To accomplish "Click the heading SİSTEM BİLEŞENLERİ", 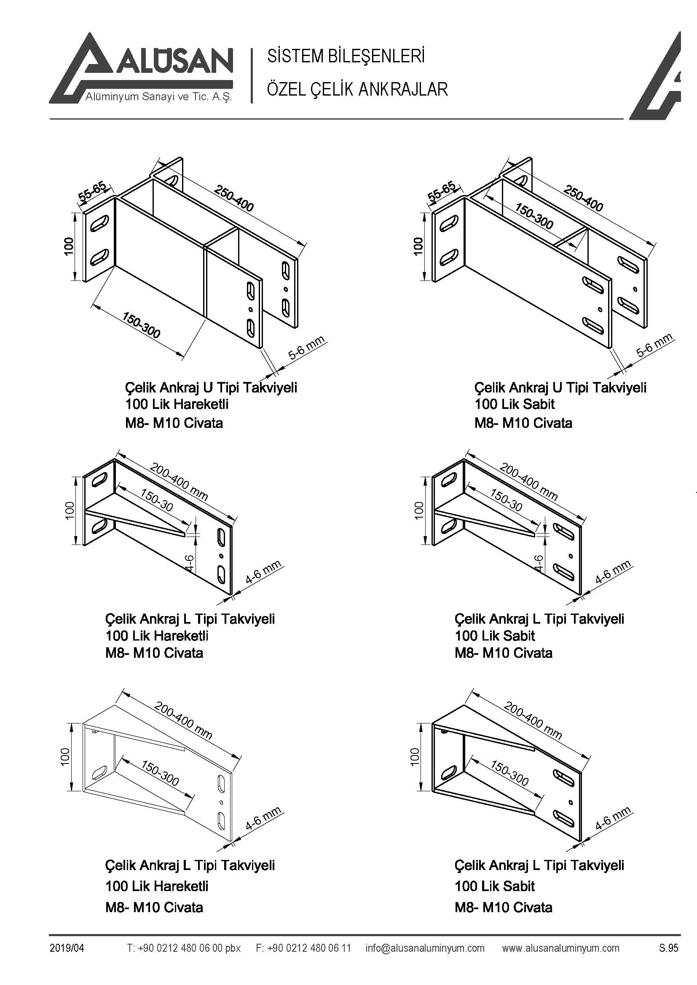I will coord(346,56).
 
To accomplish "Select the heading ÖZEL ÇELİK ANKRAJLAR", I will coord(357,89).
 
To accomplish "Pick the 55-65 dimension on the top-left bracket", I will coord(91,192).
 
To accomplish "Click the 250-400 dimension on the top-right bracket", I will coord(583,198).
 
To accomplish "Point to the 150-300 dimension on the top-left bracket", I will coord(141,325).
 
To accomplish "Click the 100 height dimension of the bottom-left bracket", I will coord(65,757).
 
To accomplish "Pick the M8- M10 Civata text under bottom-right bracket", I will coord(503,908).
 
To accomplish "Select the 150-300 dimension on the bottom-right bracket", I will coord(509,774).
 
